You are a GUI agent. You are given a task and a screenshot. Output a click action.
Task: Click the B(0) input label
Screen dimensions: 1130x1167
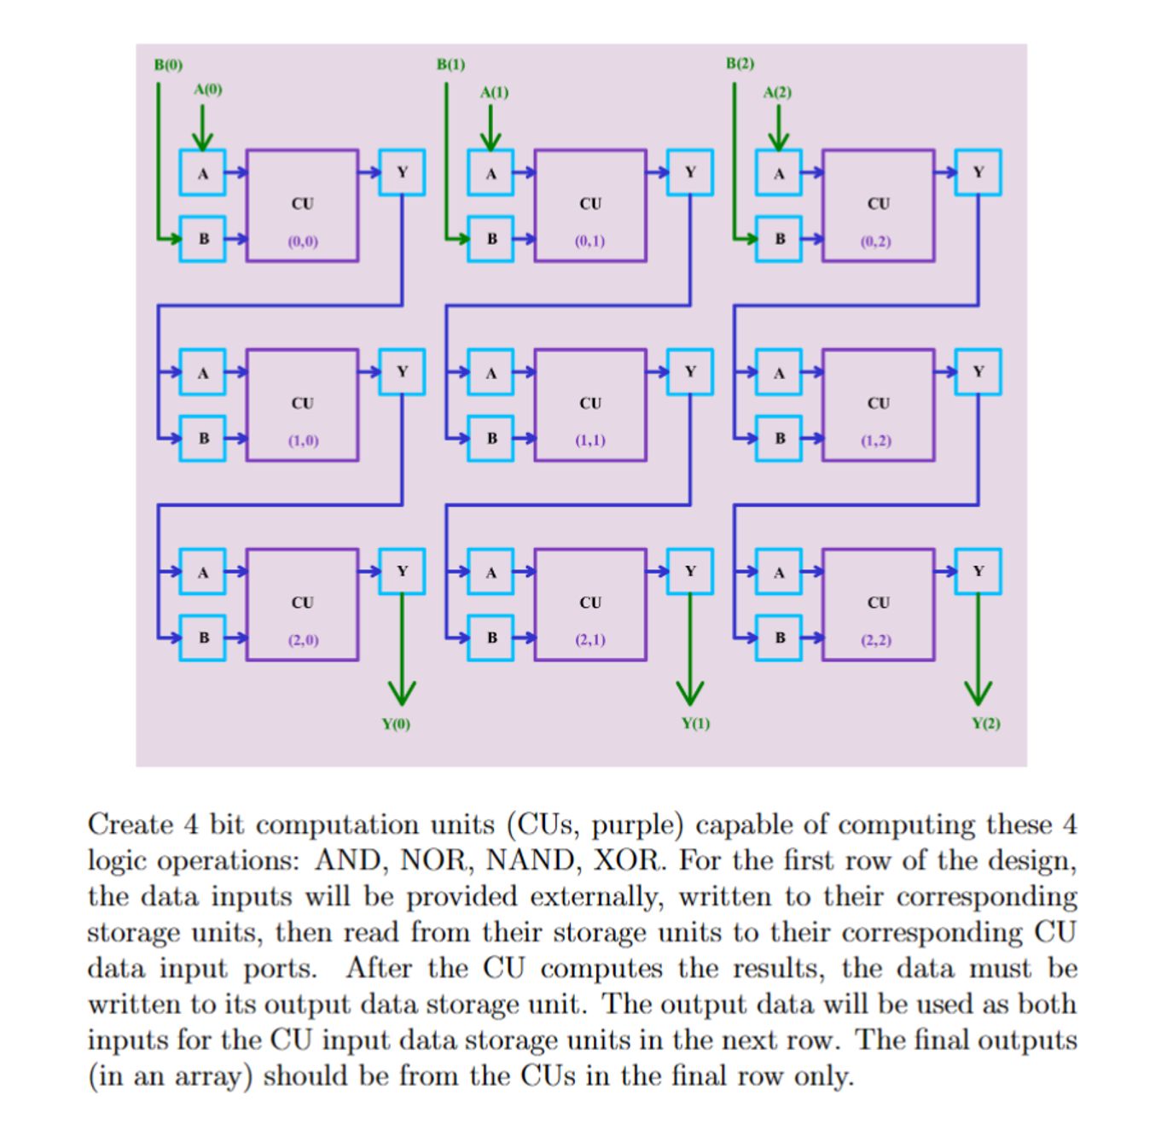pos(168,65)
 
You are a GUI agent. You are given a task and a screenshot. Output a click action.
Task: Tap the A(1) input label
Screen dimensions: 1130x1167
pos(494,92)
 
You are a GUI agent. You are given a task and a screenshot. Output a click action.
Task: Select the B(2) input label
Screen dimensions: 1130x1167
pos(740,64)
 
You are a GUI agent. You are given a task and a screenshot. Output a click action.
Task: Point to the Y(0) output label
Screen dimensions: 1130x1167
pos(396,724)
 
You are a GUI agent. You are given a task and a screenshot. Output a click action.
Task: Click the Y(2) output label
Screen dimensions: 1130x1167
pos(986,723)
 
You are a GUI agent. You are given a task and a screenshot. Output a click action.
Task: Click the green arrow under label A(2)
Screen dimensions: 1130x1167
pos(777,128)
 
